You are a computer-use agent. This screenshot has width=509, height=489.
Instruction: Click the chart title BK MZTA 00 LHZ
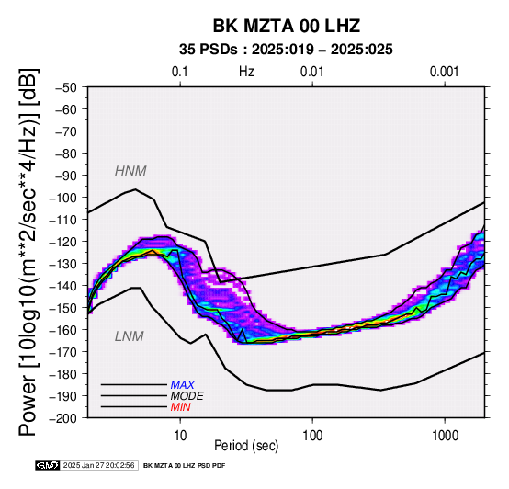tap(287, 26)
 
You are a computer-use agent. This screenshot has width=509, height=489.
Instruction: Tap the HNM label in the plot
tap(130, 171)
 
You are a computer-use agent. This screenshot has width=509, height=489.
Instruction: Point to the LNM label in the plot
tap(130, 336)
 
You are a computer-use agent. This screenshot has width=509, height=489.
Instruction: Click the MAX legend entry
tap(183, 385)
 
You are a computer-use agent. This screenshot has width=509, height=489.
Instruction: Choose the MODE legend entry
tap(187, 396)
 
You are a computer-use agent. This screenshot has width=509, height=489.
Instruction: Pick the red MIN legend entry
tap(180, 407)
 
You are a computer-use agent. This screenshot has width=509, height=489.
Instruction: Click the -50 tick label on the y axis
tap(66, 87)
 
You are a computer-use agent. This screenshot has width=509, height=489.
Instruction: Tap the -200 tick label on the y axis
tap(63, 418)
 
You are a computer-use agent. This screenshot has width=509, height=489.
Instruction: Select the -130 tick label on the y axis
tap(63, 264)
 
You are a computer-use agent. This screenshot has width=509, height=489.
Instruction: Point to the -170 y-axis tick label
tap(63, 352)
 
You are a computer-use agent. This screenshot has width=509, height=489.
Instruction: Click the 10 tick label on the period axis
tap(180, 436)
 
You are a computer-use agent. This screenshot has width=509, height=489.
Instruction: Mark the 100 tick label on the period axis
tap(312, 436)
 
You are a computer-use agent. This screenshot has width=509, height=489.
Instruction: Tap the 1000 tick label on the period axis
tap(445, 436)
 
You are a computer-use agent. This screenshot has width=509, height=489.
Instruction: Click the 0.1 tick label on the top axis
tap(180, 72)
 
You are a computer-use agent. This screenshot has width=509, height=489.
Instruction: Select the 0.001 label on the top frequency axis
tap(445, 72)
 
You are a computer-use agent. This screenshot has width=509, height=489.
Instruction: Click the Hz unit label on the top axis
tap(246, 72)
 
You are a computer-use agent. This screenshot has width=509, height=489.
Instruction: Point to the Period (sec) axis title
tap(246, 446)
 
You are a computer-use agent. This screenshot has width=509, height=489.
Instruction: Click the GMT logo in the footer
tap(48, 465)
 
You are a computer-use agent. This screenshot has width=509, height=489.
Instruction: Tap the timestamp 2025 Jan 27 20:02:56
tap(99, 465)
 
